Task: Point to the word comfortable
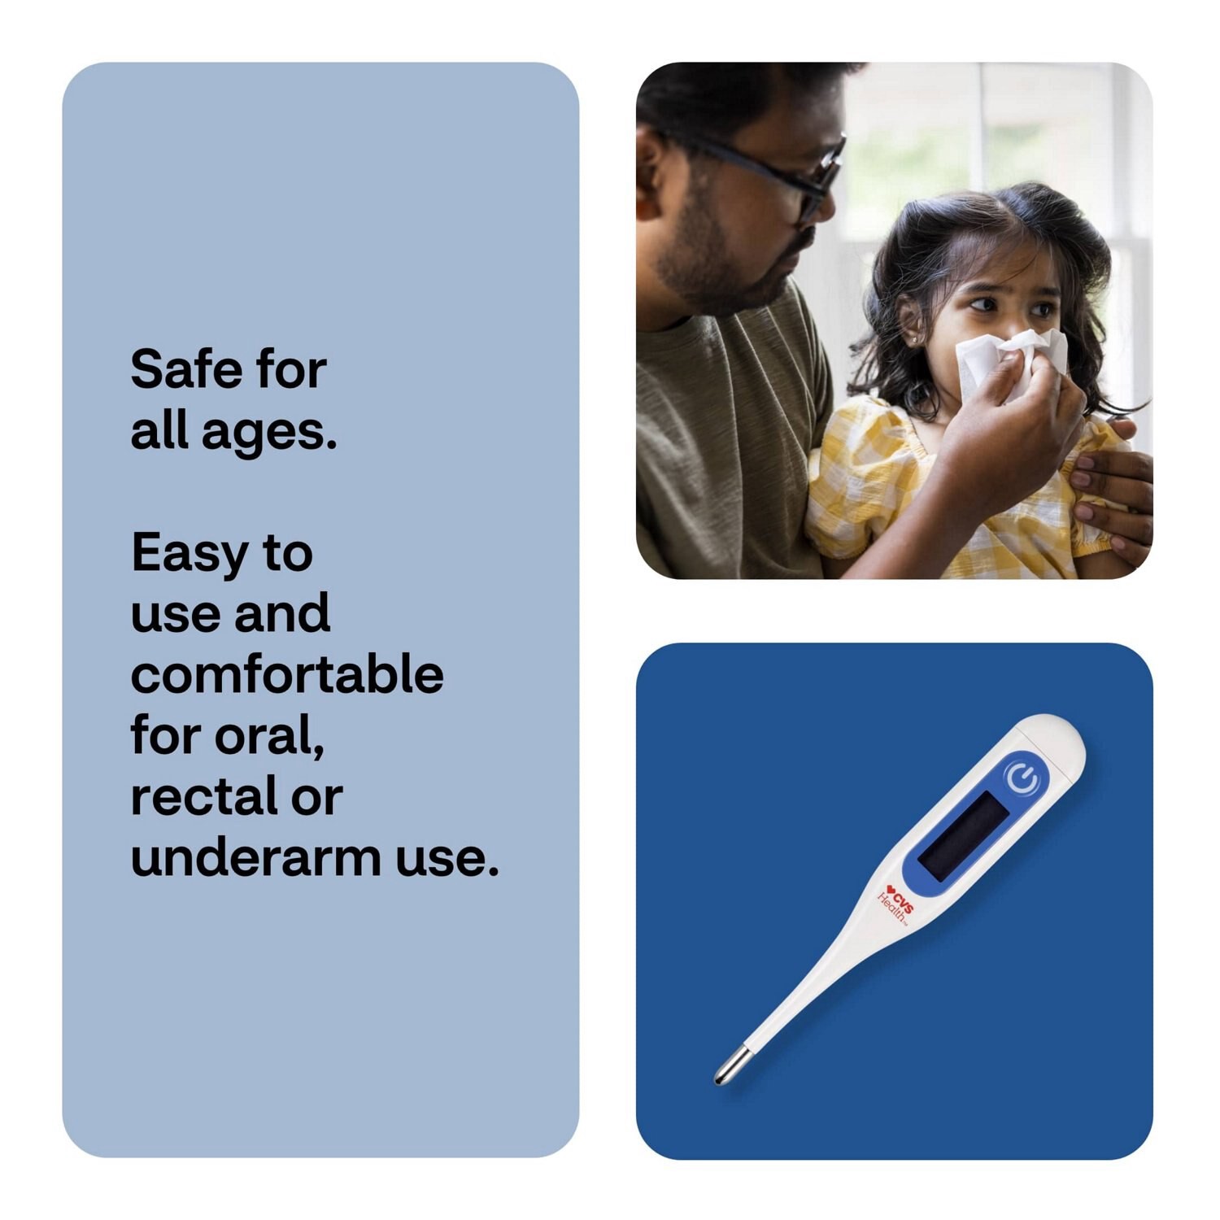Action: pyautogui.click(x=286, y=675)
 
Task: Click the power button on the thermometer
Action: pyautogui.click(x=1022, y=778)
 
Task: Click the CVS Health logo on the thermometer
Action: pyautogui.click(x=894, y=904)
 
